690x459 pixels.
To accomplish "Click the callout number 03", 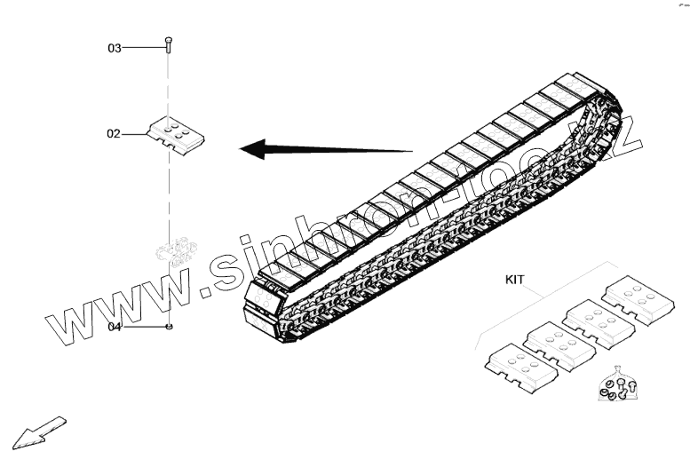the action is [x=115, y=48].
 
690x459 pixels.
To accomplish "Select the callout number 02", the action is [x=114, y=135].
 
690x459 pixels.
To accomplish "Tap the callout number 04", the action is [x=115, y=327].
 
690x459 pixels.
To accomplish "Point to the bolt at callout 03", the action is [x=167, y=44].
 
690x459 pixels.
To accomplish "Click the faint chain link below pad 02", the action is [x=174, y=251].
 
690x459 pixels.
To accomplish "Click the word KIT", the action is [x=515, y=279].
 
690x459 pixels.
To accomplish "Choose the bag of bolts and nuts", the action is [x=615, y=386].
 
